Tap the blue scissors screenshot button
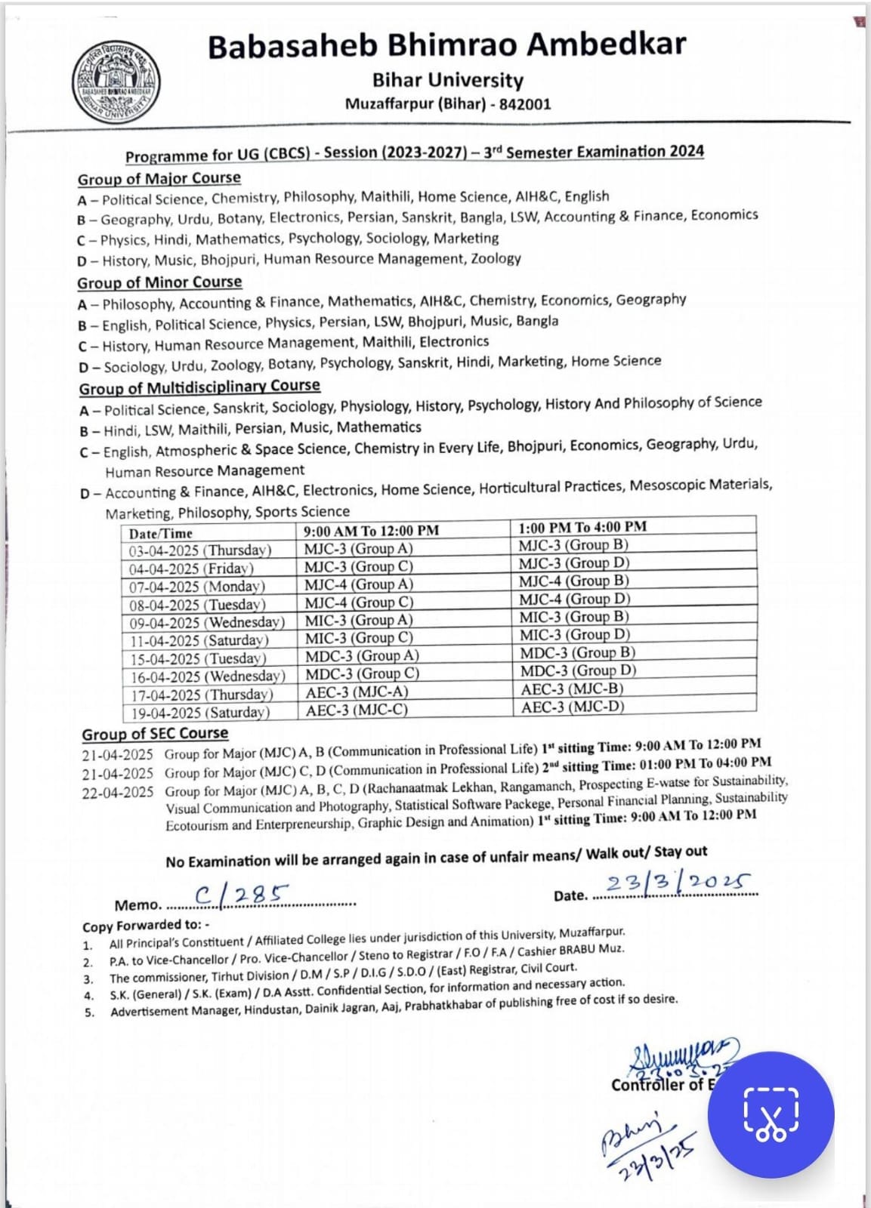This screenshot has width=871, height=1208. tap(771, 1114)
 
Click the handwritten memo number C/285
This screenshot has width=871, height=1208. tap(242, 895)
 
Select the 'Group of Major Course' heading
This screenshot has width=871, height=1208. tap(159, 179)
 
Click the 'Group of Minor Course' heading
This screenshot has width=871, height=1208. tap(159, 282)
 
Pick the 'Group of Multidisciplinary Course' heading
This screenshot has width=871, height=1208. tap(199, 387)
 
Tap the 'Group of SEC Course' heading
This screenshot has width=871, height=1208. tap(155, 734)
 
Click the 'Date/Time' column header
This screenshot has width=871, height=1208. tap(161, 533)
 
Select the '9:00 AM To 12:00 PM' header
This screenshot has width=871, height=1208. tap(371, 531)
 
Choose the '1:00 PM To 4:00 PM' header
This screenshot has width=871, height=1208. tap(582, 527)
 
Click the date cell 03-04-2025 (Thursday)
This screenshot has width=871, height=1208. tap(200, 550)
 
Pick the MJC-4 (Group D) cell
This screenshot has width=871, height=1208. tap(574, 599)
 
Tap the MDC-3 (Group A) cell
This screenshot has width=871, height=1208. tap(362, 655)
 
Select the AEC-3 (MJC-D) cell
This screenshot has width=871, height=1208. tap(573, 707)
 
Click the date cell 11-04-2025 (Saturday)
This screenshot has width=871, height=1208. tap(199, 640)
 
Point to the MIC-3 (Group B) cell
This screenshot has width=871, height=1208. tap(574, 617)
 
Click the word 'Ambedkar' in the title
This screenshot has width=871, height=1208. tap(607, 44)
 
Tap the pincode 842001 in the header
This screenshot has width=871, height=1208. tap(525, 103)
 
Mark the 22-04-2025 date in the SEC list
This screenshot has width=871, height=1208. tap(118, 793)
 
